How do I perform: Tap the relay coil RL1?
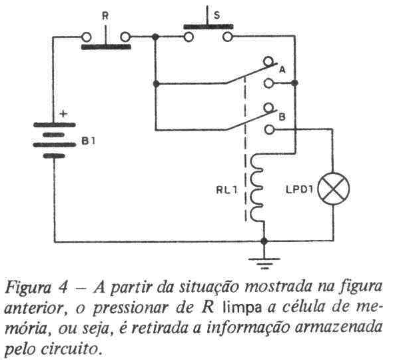(x=256, y=187)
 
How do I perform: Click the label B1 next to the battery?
(x=89, y=141)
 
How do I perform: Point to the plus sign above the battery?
(x=64, y=113)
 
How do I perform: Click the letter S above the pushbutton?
(x=216, y=15)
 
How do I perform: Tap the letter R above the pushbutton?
(x=105, y=16)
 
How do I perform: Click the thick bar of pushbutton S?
(x=208, y=27)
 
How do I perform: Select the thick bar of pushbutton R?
(x=106, y=47)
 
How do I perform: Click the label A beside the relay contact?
(x=282, y=69)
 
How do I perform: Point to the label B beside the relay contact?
(x=282, y=117)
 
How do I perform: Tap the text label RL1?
(x=226, y=190)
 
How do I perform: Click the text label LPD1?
(x=300, y=189)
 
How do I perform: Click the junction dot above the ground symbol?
(x=264, y=241)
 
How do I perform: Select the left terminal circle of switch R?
(x=86, y=37)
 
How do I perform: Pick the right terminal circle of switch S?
(x=228, y=37)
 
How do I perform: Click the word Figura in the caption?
(x=28, y=288)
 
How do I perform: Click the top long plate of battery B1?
(x=55, y=125)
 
